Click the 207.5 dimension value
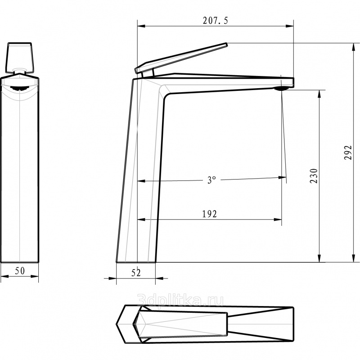tap(216, 21)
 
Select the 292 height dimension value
tap(348, 153)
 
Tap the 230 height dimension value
tap(314, 176)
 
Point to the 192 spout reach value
tap(209, 214)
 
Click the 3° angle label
tap(211, 180)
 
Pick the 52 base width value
tap(136, 273)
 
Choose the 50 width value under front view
tap(20, 271)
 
